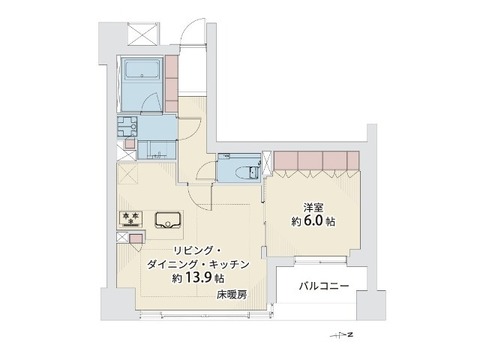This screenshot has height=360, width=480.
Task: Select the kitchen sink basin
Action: tap(168, 220)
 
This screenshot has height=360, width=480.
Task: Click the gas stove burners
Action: tap(131, 219)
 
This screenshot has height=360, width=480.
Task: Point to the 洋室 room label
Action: tap(313, 208)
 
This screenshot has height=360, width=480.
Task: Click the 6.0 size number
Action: tap(313, 221)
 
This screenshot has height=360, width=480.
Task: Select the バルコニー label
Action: tap(324, 286)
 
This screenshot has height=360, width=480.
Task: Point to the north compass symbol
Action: tap(342, 335)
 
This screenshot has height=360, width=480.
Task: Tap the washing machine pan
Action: tap(127, 126)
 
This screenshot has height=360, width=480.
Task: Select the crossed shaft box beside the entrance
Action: tap(142, 33)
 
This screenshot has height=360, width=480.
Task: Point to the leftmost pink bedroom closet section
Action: tap(286, 161)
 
